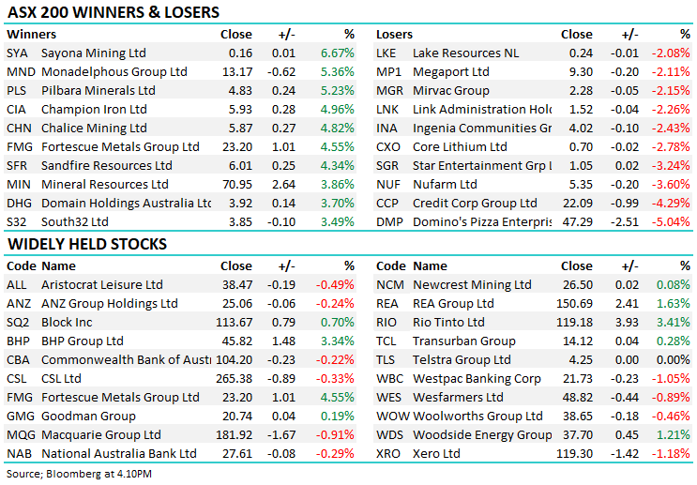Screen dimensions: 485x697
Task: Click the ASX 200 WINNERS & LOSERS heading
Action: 114,12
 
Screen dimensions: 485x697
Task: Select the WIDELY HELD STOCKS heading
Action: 87,244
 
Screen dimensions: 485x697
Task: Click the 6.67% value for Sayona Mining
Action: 337,53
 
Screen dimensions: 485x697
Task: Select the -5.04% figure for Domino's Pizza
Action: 673,221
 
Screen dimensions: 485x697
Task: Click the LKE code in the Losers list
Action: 387,53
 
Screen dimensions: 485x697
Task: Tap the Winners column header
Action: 30,34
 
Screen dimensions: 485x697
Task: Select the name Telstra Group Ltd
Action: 462,359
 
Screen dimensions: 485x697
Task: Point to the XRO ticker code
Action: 389,453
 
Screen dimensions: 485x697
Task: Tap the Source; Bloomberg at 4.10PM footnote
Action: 81,473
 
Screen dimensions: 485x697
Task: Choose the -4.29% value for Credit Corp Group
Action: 673,203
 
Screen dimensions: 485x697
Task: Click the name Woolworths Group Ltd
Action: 477,416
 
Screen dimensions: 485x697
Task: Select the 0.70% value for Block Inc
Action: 337,322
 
